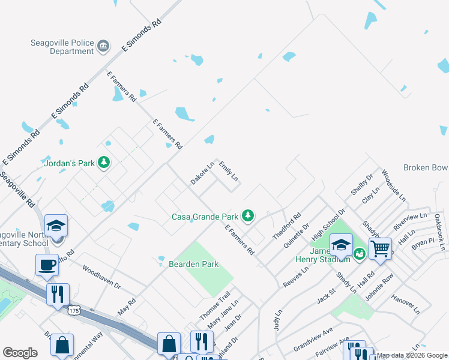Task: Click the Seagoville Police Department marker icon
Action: coord(103,46)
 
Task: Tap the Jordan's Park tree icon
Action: coord(104,163)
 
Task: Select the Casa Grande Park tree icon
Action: coord(247,216)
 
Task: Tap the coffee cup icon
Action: coord(47,264)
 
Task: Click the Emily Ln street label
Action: coord(229,171)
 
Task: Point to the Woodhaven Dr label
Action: coord(101,277)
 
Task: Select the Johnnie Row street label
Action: coord(380,287)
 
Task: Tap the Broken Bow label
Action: coord(426,168)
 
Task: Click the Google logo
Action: coord(20,353)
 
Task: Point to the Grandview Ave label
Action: coord(313,340)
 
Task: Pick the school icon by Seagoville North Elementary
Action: coord(56,226)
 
